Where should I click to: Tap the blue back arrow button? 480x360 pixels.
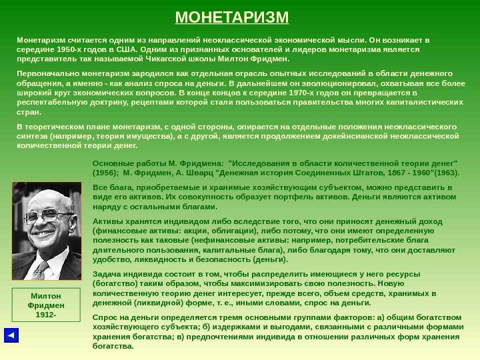click(11, 335)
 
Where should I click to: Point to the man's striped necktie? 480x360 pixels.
click(42, 269)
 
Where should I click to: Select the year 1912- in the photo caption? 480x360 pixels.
click(45, 314)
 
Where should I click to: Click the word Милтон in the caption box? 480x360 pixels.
click(45, 295)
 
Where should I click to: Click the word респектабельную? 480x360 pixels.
click(52, 103)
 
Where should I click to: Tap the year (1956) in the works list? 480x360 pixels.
click(105, 171)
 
